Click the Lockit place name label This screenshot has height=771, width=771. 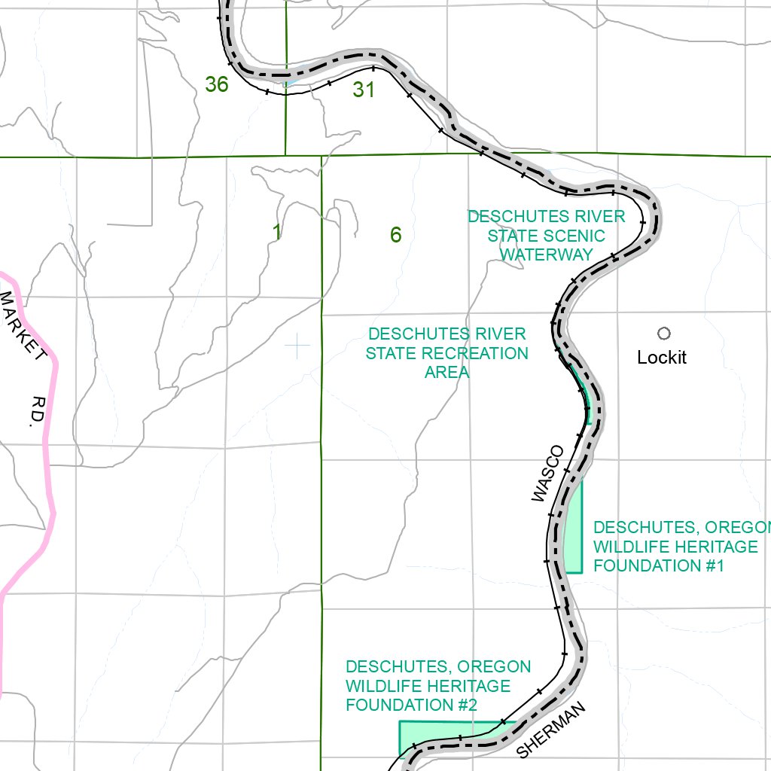pyautogui.click(x=662, y=358)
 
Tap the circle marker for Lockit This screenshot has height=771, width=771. pyautogui.click(x=663, y=334)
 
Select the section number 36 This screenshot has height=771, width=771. pyautogui.click(x=216, y=85)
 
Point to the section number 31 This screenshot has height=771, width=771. pyautogui.click(x=364, y=90)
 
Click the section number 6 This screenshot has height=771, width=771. pyautogui.click(x=396, y=236)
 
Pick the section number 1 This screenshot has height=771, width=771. pyautogui.click(x=277, y=233)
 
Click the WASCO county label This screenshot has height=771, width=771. pyautogui.click(x=547, y=474)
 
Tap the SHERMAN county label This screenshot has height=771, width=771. pyautogui.click(x=551, y=730)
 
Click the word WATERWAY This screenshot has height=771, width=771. pyautogui.click(x=547, y=255)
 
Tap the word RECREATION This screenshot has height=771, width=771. pyautogui.click(x=478, y=353)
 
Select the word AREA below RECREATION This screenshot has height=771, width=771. pyautogui.click(x=446, y=372)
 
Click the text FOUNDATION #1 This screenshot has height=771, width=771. pyautogui.click(x=659, y=565)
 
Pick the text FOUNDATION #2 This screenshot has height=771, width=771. pyautogui.click(x=411, y=705)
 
